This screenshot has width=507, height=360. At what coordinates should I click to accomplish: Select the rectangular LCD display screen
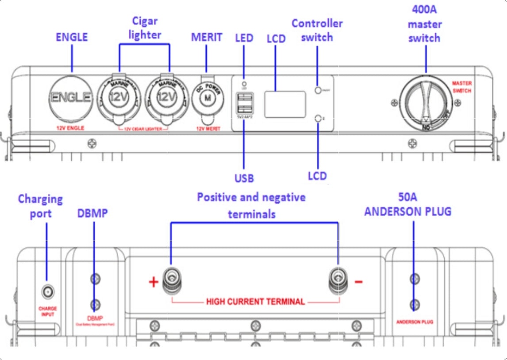coord(285,104)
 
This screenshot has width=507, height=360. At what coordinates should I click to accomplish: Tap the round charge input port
coord(47,291)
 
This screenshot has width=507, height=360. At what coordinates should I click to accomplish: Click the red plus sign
coord(153,282)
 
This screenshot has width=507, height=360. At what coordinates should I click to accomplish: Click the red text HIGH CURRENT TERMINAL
coord(255,302)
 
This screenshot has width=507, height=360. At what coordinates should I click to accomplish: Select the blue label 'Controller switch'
coord(317,30)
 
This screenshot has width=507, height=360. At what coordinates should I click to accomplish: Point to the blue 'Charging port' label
coord(41,206)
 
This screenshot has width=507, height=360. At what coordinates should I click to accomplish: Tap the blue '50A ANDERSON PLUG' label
coord(407,204)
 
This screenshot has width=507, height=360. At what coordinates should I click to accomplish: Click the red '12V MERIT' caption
coord(205,129)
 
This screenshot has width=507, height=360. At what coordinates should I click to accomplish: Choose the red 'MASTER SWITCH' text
coord(462,87)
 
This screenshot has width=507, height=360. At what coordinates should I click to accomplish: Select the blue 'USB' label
coord(244,178)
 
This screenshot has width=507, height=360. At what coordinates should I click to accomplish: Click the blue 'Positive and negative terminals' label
coord(251,205)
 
